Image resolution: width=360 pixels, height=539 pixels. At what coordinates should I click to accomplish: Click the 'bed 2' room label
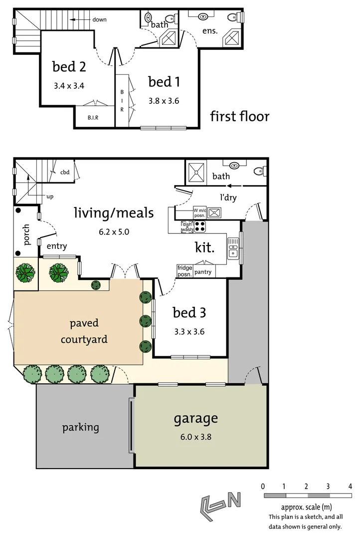pyautogui.click(x=69, y=67)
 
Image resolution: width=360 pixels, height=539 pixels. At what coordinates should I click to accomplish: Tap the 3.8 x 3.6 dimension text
pyautogui.click(x=164, y=101)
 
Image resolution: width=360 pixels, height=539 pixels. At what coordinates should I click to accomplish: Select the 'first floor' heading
pyautogui.click(x=239, y=117)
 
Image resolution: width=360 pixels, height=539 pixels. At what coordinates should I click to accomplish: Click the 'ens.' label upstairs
pyautogui.click(x=210, y=31)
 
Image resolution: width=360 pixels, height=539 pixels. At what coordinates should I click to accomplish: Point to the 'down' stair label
pyautogui.click(x=99, y=19)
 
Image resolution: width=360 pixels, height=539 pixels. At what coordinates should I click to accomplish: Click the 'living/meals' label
pyautogui.click(x=114, y=213)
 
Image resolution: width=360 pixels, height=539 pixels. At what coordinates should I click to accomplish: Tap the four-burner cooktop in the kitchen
pyautogui.click(x=200, y=227)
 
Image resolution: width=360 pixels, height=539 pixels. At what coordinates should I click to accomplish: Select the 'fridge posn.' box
pyautogui.click(x=185, y=271)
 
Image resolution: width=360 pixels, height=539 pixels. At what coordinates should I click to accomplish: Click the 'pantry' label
pyautogui.click(x=203, y=272)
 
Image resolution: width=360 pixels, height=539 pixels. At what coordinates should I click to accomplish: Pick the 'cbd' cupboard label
pyautogui.click(x=65, y=173)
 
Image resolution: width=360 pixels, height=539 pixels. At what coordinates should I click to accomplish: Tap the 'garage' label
pyautogui.click(x=195, y=418)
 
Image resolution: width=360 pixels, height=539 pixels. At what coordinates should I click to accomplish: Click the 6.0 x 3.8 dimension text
pyautogui.click(x=195, y=436)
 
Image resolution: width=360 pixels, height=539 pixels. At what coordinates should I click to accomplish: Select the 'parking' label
pyautogui.click(x=80, y=428)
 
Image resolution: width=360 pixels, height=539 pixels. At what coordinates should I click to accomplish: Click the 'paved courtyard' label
pyautogui.click(x=84, y=331)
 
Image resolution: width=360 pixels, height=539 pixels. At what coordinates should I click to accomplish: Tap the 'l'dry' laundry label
pyautogui.click(x=228, y=197)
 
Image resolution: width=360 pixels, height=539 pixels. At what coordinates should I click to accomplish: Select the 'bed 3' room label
pyautogui.click(x=189, y=313)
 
